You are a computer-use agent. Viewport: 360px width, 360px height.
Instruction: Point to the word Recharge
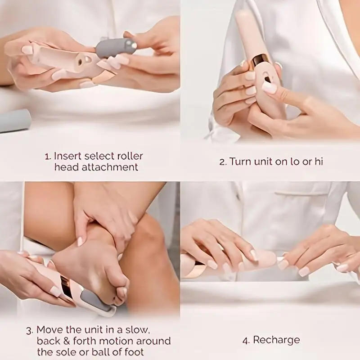click(x=276, y=340)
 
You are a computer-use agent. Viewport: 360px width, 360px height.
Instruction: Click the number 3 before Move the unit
click(x=29, y=330)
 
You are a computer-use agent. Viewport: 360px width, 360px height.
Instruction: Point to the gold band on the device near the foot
click(x=68, y=288)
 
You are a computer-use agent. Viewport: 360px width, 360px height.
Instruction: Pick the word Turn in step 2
click(x=241, y=162)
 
